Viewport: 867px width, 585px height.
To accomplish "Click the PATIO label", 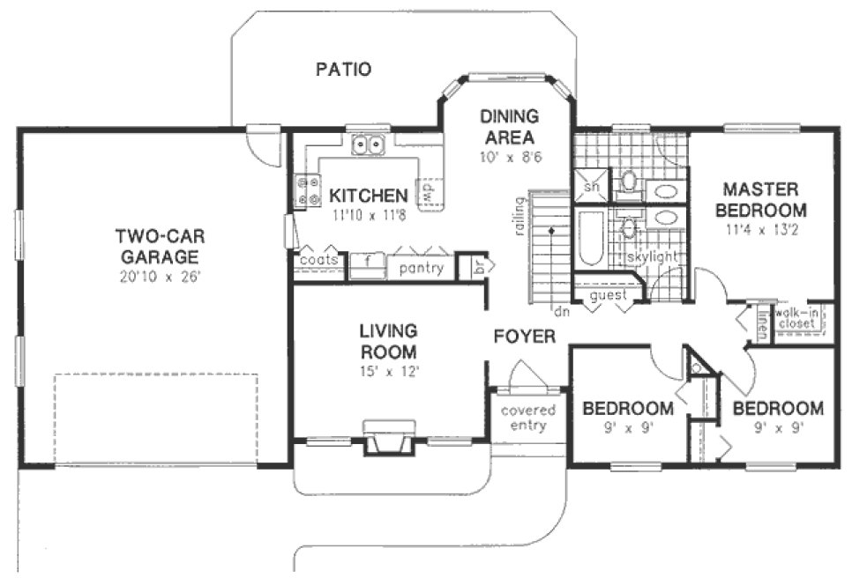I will pyautogui.click(x=343, y=70).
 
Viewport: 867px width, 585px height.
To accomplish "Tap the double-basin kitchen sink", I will pyautogui.click(x=367, y=144).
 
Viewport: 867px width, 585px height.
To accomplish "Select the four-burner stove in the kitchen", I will pyautogui.click(x=310, y=193).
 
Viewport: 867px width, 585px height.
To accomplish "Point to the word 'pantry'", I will pyautogui.click(x=421, y=268).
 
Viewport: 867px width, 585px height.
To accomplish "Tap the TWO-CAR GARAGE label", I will pyautogui.click(x=155, y=247).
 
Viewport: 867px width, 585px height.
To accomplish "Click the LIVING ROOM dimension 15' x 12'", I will pyautogui.click(x=387, y=371).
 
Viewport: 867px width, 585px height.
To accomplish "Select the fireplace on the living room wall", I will pyautogui.click(x=388, y=437).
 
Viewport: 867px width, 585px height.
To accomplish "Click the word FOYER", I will pyautogui.click(x=524, y=337).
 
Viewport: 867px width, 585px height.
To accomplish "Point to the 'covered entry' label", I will pyautogui.click(x=528, y=418).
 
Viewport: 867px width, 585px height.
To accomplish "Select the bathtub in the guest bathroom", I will pyautogui.click(x=590, y=237).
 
